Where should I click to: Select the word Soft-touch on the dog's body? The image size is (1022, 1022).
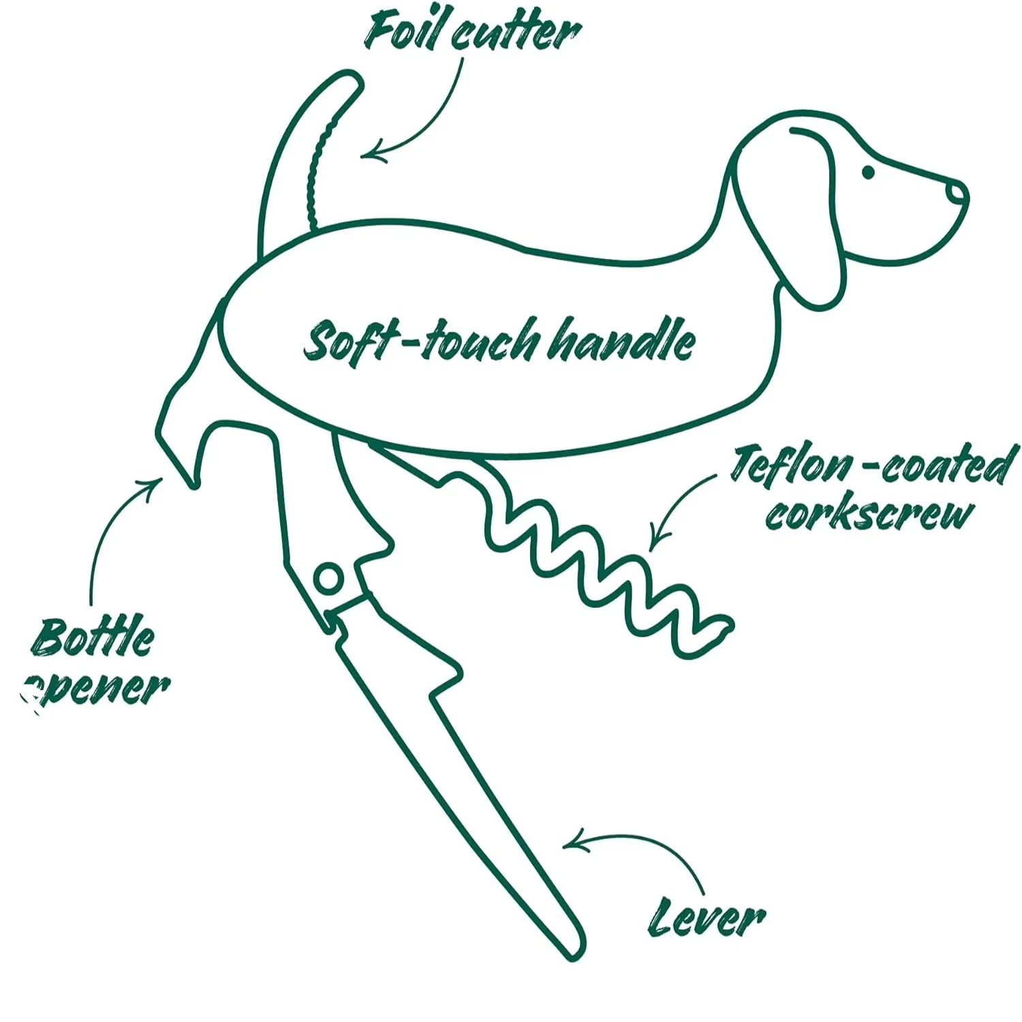pos(420,341)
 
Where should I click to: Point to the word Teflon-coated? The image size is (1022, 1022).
pos(872,465)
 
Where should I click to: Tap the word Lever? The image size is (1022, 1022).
pos(706,917)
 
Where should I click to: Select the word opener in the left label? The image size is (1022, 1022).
pos(99,688)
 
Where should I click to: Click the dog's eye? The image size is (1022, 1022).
pos(868,172)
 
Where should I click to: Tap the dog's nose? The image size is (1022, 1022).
pos(957,193)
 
